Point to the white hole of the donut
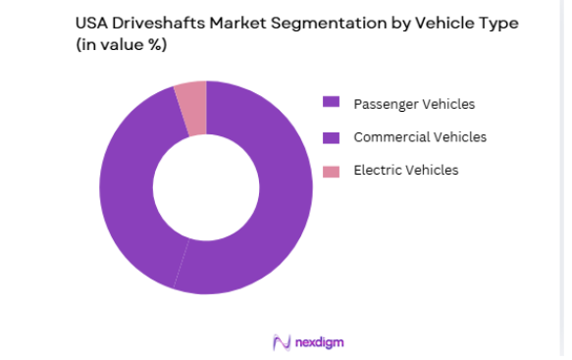206,187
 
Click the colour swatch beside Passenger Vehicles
332,102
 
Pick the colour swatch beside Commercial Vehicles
332,136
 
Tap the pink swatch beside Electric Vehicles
332,171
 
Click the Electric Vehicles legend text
406,171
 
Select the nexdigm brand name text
318,342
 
